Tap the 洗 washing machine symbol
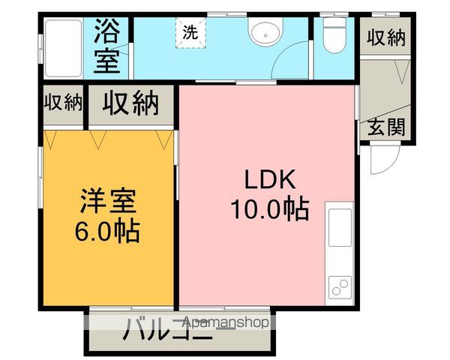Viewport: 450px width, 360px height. click(x=190, y=32)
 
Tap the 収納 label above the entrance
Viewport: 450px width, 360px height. click(x=387, y=37)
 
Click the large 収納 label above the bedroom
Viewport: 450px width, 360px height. click(x=131, y=103)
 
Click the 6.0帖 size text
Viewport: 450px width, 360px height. click(x=109, y=231)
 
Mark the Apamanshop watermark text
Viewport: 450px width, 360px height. click(x=226, y=323)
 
